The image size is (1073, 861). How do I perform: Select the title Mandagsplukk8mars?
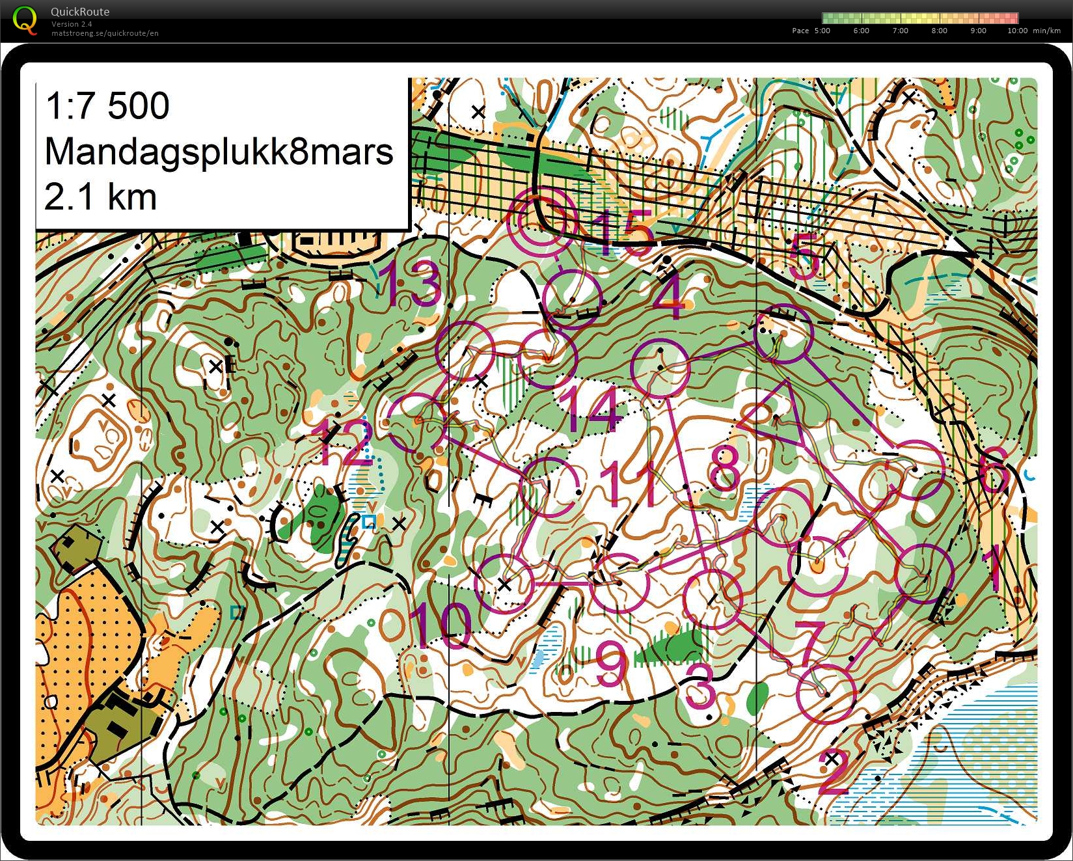click(x=219, y=152)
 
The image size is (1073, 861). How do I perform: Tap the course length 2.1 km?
click(x=100, y=197)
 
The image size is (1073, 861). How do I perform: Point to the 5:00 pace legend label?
click(x=822, y=31)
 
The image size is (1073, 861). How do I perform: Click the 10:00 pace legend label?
click(x=1018, y=31)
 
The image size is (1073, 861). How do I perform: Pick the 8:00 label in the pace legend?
click(x=939, y=31)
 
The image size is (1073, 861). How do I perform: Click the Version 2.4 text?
click(x=72, y=24)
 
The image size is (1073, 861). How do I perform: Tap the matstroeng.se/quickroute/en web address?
click(x=105, y=33)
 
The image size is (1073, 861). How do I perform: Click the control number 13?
click(x=413, y=284)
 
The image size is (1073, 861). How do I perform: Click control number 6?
click(x=994, y=469)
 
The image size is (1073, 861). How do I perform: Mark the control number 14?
click(x=592, y=409)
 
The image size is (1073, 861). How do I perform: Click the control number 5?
click(x=804, y=256)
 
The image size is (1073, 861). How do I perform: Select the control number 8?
click(x=724, y=468)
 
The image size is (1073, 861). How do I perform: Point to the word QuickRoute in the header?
click(x=80, y=12)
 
